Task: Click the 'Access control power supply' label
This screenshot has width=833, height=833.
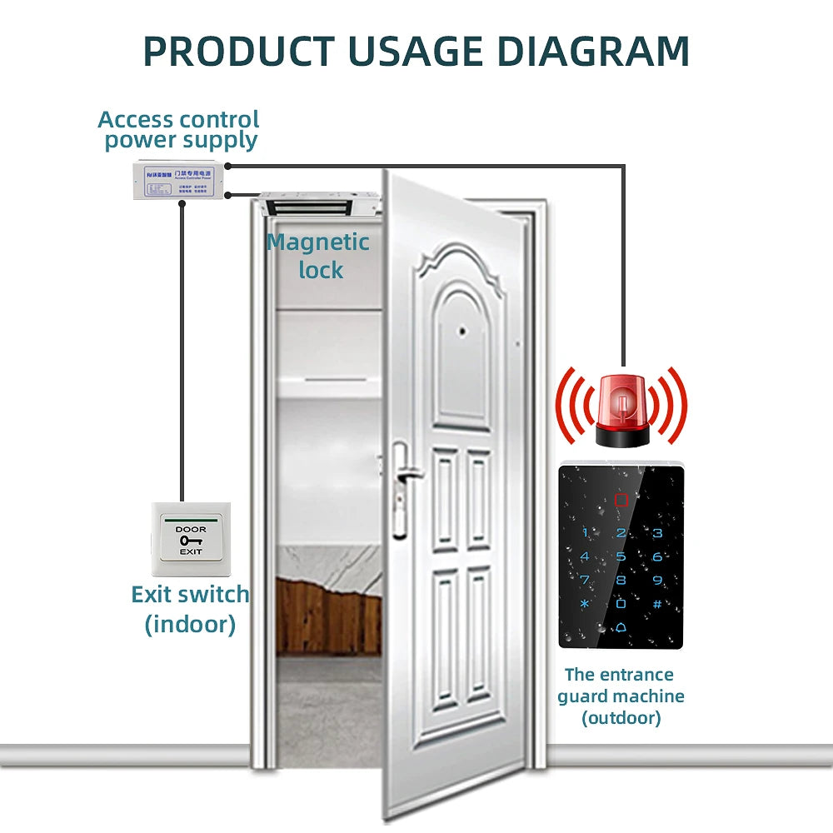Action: tap(179, 130)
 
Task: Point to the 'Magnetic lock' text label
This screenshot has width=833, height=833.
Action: tap(318, 256)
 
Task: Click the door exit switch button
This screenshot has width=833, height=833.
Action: tap(190, 541)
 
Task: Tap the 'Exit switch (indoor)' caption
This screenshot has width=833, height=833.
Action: tap(190, 609)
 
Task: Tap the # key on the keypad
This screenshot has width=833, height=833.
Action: tap(657, 604)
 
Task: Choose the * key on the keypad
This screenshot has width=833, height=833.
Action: tap(585, 604)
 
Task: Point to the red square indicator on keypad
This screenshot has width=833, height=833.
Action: tap(621, 501)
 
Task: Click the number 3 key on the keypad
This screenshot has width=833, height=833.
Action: tap(657, 533)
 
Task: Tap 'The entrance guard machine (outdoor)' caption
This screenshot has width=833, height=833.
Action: tap(621, 696)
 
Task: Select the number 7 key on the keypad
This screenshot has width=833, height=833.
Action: tap(585, 581)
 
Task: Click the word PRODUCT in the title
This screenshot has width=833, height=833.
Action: tap(242, 51)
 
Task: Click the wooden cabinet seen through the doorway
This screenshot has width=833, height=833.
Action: tap(328, 616)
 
